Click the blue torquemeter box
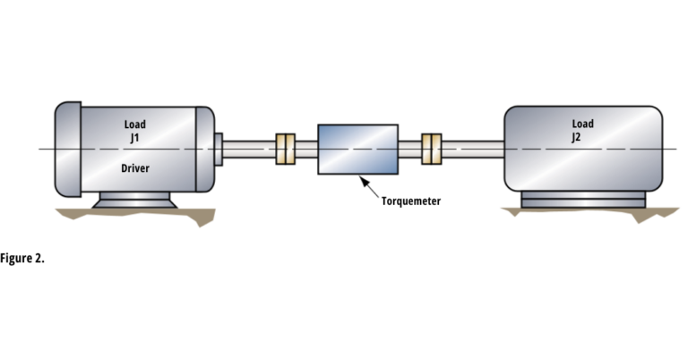coord(358,149)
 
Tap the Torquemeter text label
coord(410,201)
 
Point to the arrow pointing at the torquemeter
coord(369,185)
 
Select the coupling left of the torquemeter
coord(286,149)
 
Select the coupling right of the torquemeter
coord(432,149)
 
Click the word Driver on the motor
coord(136,168)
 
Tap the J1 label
coord(136,138)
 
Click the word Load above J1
coord(134,124)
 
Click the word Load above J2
coord(582,124)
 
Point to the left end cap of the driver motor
coord(68,149)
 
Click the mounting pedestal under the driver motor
coord(136,200)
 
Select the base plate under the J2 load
coord(582,201)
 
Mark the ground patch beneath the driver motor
coord(134,214)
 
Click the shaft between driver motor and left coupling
coord(248,149)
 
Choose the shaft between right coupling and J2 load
coord(473,149)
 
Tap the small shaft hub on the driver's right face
coord(219,148)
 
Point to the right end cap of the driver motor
coord(205,149)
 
